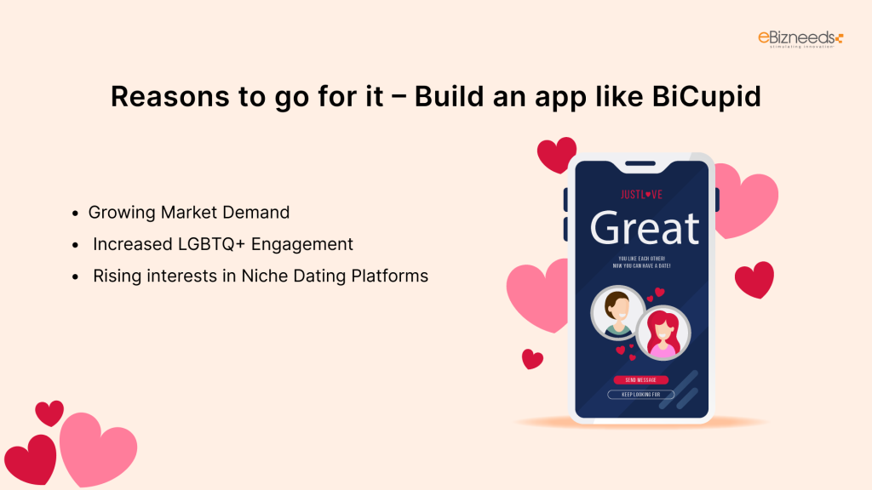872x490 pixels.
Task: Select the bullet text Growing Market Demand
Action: click(189, 212)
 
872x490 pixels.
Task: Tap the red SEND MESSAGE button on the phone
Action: click(640, 379)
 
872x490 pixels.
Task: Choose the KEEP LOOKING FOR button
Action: click(640, 395)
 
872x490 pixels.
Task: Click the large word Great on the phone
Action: click(645, 227)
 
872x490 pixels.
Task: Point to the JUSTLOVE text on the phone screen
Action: click(641, 195)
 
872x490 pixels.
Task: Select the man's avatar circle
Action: click(616, 313)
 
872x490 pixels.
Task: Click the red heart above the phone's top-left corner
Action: click(556, 155)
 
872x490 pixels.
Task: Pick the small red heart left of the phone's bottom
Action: click(532, 359)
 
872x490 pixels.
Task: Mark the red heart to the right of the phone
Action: click(754, 279)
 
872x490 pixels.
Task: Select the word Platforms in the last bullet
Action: click(388, 276)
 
